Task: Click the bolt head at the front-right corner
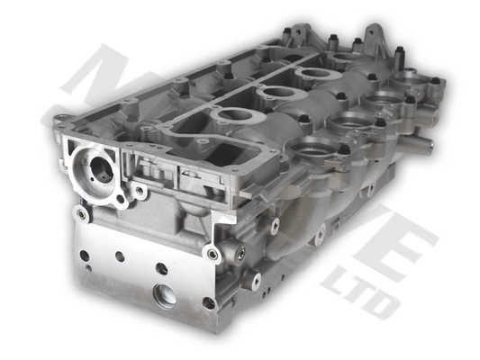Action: click(x=213, y=255)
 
